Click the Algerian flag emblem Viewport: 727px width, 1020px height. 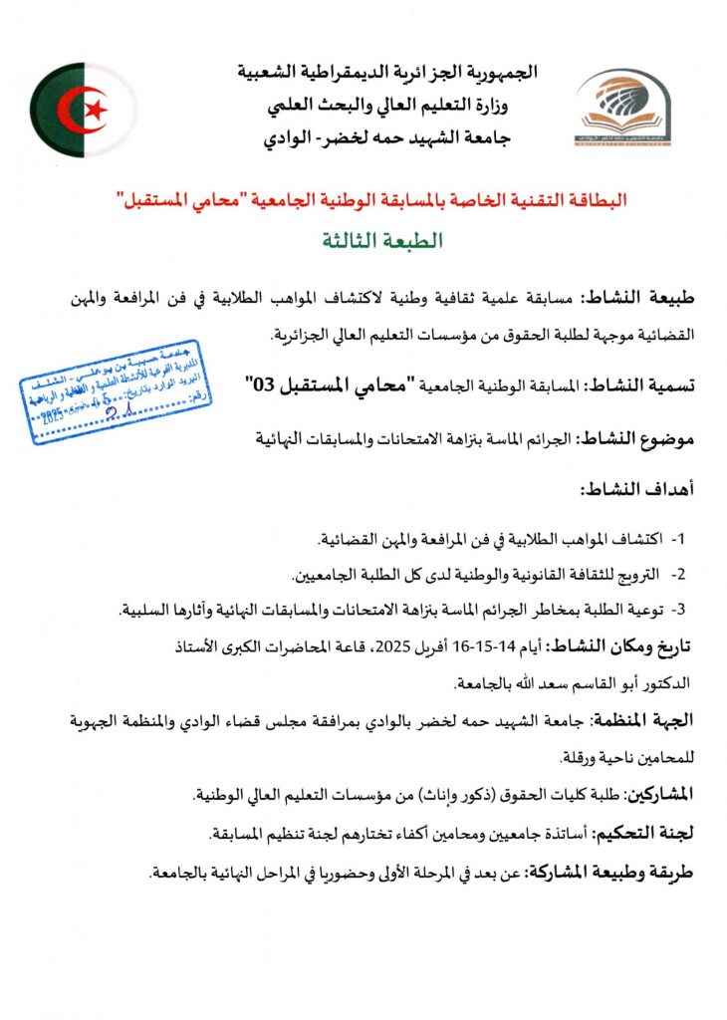[84, 109]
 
